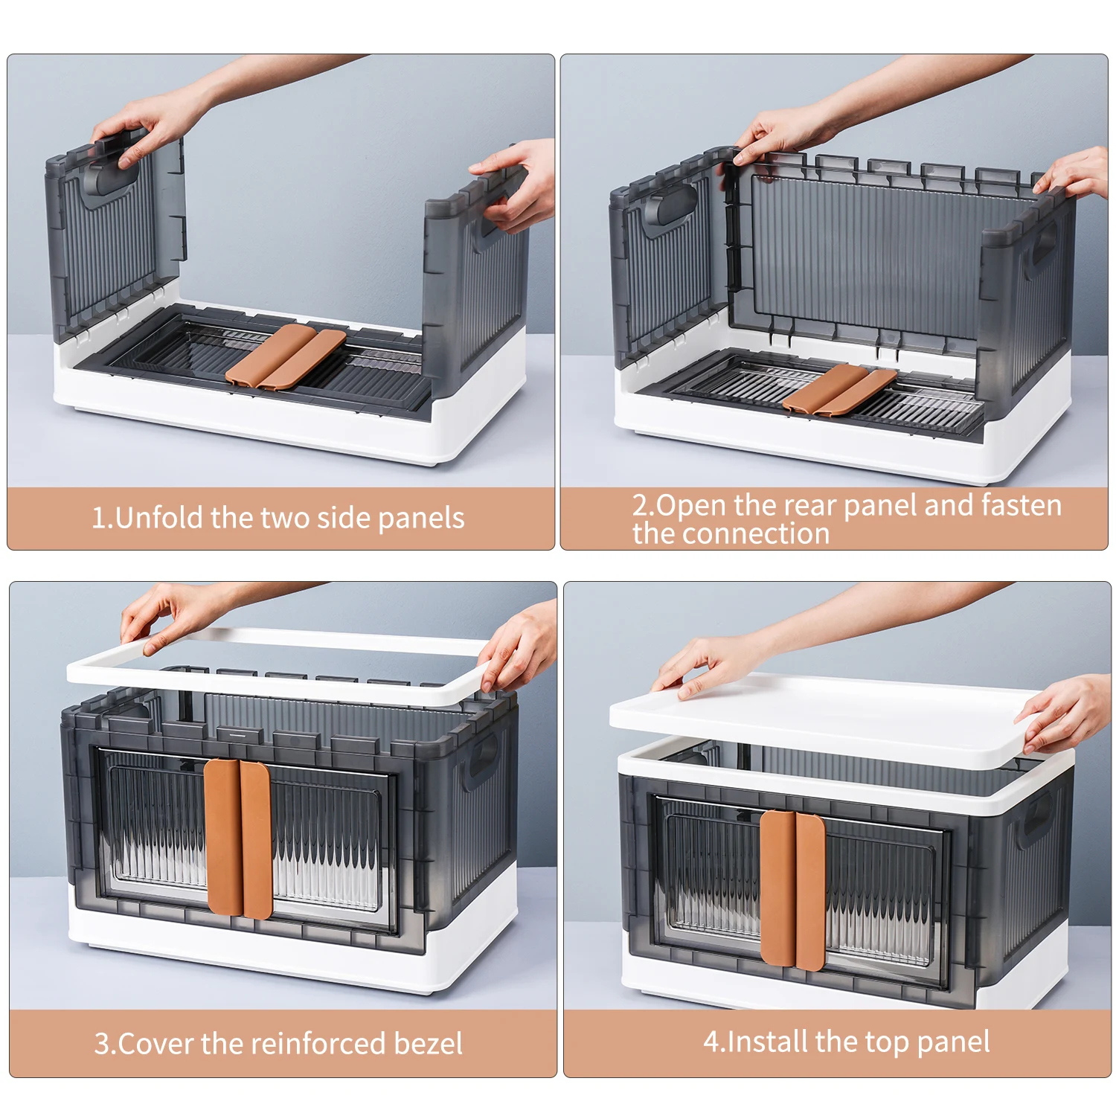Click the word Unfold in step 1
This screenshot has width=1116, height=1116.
(x=160, y=518)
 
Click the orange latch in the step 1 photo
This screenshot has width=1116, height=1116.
(x=286, y=356)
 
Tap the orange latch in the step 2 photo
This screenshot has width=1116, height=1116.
(x=839, y=388)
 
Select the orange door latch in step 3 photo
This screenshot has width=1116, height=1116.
(x=238, y=838)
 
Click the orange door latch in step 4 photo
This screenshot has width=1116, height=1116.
(x=792, y=890)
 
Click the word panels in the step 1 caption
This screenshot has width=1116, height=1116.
(x=421, y=518)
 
